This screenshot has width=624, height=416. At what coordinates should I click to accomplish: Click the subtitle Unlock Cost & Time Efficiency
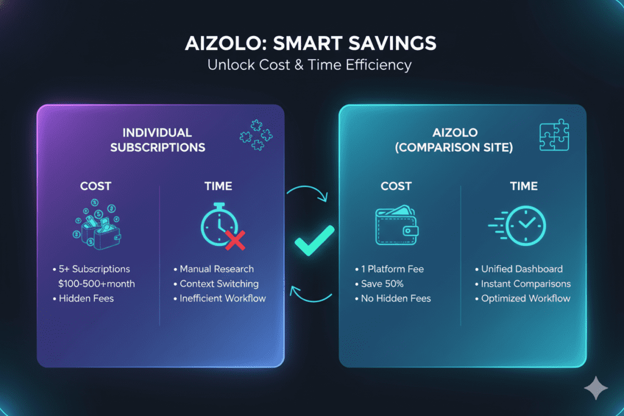pos(311,65)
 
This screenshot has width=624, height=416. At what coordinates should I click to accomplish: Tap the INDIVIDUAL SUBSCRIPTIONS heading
pos(157,139)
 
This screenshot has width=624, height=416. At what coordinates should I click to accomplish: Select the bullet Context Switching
pos(219,283)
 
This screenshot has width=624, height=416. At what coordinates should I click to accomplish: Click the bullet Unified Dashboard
pos(521,269)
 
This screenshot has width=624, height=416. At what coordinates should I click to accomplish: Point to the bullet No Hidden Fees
pos(395,298)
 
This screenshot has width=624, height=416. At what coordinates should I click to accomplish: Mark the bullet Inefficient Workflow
pos(222,298)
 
